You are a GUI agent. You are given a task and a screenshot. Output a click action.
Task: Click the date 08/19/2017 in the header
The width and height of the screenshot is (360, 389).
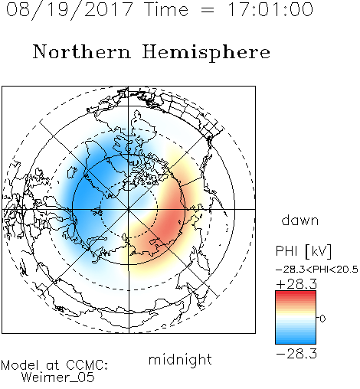(x=69, y=10)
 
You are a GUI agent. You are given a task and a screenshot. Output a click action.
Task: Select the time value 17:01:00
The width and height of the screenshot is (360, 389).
(x=270, y=9)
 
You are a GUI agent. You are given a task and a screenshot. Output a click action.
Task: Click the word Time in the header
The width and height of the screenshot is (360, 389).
(x=166, y=9)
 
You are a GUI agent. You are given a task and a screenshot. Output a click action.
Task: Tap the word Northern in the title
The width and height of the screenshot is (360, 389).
(x=82, y=51)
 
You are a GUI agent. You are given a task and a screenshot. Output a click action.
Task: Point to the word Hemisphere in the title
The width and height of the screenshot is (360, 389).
(x=206, y=53)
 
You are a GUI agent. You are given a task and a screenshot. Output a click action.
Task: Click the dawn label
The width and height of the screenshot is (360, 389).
(x=300, y=220)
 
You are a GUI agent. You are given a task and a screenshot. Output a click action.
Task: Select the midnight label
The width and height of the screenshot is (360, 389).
(x=180, y=359)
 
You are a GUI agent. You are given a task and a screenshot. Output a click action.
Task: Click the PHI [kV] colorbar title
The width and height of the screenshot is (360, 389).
(x=304, y=251)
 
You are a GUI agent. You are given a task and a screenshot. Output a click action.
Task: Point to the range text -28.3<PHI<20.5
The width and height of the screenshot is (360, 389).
(x=317, y=270)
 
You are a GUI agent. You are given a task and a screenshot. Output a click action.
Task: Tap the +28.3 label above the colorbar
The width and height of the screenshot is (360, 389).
(x=296, y=284)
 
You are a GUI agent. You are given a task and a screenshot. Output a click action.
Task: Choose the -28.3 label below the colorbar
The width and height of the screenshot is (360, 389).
(x=296, y=354)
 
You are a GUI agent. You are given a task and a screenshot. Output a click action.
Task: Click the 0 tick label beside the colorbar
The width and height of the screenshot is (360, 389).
(x=322, y=319)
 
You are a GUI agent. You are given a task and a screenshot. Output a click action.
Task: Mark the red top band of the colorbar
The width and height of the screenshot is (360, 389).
(x=296, y=293)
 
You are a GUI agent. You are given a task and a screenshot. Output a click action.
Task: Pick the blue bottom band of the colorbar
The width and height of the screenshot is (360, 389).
(x=296, y=341)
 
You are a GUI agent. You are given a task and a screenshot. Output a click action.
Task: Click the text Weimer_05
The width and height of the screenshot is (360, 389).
(x=58, y=378)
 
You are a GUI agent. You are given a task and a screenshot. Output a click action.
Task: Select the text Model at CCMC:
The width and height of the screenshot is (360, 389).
(x=54, y=365)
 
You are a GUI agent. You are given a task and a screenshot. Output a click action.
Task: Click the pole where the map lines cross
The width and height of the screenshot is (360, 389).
(x=129, y=209)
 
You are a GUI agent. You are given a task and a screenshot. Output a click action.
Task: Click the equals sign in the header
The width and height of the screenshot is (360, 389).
(x=208, y=10)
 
